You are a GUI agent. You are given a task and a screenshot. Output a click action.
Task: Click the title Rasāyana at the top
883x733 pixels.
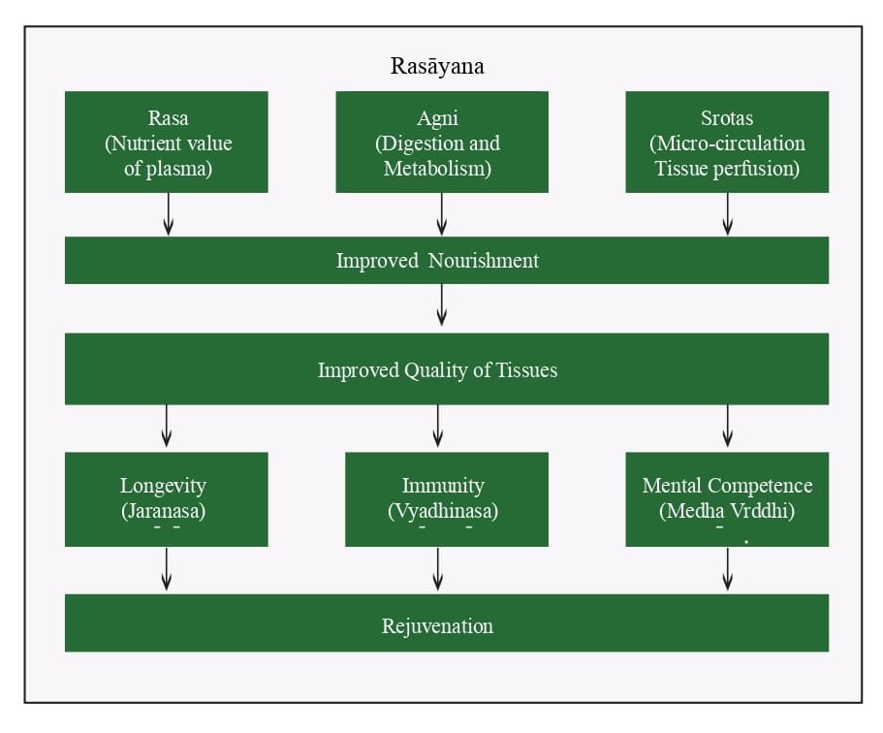tap(437, 66)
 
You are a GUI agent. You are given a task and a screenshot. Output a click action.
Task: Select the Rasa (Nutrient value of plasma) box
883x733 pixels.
tap(166, 142)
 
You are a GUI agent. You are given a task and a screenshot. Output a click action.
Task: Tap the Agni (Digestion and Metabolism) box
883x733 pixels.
tap(442, 142)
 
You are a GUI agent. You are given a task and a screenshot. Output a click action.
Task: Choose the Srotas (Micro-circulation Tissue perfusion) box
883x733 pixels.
tap(727, 142)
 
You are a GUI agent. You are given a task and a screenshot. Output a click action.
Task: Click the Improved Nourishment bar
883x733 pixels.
tap(447, 260)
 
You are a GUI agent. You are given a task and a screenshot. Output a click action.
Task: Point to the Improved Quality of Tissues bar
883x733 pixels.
tap(447, 369)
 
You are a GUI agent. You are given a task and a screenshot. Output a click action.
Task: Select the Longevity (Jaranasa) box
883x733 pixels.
tap(166, 499)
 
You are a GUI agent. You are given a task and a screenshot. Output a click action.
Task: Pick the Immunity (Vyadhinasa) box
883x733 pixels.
tap(447, 499)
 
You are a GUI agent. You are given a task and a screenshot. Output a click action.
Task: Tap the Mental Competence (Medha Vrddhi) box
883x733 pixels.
tap(727, 499)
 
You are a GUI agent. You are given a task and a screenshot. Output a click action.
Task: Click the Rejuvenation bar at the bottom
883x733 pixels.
tap(447, 622)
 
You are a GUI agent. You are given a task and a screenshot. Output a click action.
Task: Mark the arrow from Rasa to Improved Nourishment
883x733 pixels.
tap(168, 214)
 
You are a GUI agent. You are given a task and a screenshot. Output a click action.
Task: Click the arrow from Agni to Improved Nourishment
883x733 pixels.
tap(442, 214)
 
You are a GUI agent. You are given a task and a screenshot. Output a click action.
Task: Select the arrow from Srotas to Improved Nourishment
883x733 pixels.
tap(728, 214)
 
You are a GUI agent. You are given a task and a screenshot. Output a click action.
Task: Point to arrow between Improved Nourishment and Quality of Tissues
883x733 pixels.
tap(442, 304)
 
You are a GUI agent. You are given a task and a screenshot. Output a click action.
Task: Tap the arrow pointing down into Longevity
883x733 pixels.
tap(166, 426)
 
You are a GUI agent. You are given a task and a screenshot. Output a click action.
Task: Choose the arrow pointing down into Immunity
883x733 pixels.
tap(437, 426)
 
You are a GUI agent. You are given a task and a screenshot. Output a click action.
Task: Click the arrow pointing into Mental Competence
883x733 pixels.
tap(728, 426)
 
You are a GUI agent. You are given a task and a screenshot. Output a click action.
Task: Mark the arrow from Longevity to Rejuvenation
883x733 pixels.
tap(166, 569)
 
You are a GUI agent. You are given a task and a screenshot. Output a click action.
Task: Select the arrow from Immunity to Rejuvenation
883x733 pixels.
tap(437, 569)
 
